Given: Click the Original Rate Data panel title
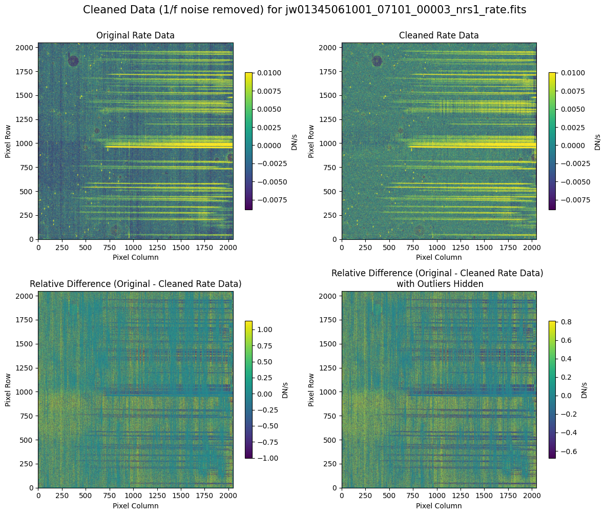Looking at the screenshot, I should coord(135,36).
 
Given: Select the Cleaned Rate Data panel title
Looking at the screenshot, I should coord(438,36).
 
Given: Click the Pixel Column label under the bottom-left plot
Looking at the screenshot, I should coord(135,506).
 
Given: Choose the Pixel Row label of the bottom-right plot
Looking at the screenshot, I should coord(312,389).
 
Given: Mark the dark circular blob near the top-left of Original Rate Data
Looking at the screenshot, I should coord(73,61).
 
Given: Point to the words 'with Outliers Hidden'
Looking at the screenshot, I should coord(438,283).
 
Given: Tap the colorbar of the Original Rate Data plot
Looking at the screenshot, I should coord(248,141).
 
